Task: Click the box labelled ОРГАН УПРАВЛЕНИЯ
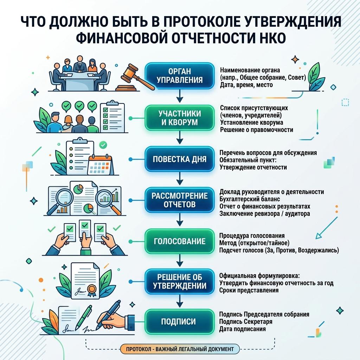(180, 76)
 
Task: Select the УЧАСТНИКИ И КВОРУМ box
(180, 118)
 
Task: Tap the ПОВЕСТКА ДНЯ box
(180, 159)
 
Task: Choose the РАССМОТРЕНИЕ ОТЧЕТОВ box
(180, 200)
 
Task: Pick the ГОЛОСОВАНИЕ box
(180, 241)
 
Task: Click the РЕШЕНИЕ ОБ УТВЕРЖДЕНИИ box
(180, 282)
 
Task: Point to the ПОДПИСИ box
(180, 321)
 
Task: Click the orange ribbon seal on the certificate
(91, 290)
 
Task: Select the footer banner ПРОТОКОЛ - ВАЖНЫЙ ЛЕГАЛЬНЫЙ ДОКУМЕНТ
(180, 349)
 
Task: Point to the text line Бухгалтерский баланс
(250, 199)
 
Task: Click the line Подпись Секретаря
(246, 321)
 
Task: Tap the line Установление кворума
(252, 122)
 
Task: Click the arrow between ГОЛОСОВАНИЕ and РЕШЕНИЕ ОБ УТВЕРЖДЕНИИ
(180, 261)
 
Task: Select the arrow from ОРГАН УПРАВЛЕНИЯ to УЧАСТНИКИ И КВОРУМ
(180, 96)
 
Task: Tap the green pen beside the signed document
(84, 316)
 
